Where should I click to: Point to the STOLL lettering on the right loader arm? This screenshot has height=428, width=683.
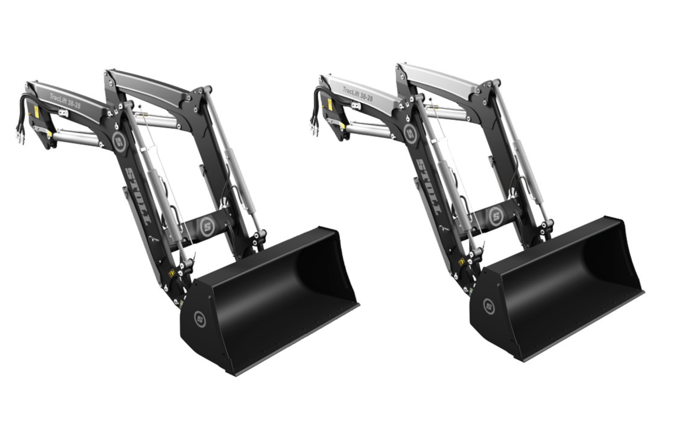[429, 186]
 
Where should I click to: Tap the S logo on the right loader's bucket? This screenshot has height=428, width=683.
[489, 306]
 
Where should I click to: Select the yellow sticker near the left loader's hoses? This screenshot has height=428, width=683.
[36, 112]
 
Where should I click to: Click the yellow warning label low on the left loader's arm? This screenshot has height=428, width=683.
[171, 273]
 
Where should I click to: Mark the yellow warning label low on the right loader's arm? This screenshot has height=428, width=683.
[462, 261]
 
